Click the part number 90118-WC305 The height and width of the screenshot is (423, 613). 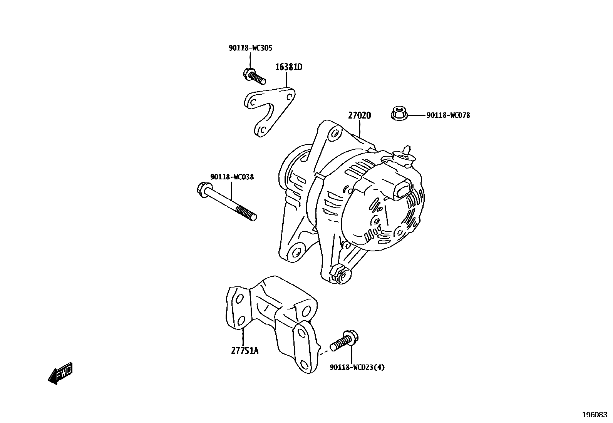[x=250, y=48]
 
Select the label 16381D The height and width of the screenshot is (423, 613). [x=288, y=67]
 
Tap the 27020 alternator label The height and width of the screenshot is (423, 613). [x=359, y=115]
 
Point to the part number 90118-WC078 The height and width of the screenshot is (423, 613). [x=448, y=115]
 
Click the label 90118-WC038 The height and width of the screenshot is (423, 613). [x=232, y=177]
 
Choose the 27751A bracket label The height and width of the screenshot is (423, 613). [x=245, y=351]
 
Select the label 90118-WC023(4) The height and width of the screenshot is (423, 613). [x=357, y=367]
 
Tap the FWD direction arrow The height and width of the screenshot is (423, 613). [x=60, y=373]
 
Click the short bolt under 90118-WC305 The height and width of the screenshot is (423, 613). [x=255, y=76]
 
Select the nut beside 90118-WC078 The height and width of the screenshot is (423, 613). [x=399, y=113]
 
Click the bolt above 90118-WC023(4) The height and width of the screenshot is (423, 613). [x=345, y=341]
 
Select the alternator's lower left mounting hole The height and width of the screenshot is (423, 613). [x=296, y=252]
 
